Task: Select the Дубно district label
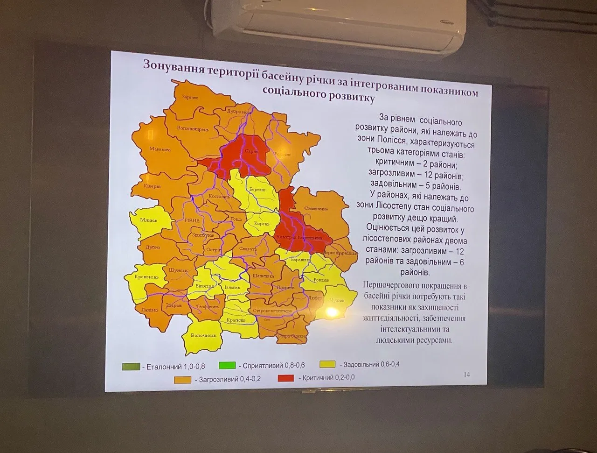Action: [153, 248]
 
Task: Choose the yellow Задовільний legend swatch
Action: [329, 364]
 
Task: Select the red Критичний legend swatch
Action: [287, 378]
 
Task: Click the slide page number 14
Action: [467, 375]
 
